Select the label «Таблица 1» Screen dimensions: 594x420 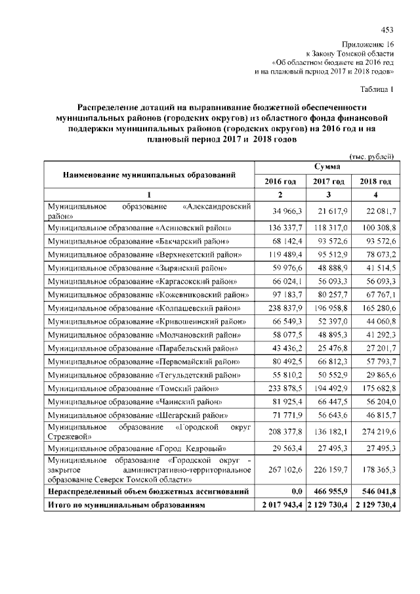click(x=377, y=89)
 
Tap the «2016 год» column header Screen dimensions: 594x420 click(x=280, y=181)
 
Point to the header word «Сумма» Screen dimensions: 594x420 click(x=327, y=168)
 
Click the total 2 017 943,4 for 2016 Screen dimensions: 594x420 click(x=280, y=505)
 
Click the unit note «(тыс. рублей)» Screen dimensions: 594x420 click(x=372, y=156)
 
